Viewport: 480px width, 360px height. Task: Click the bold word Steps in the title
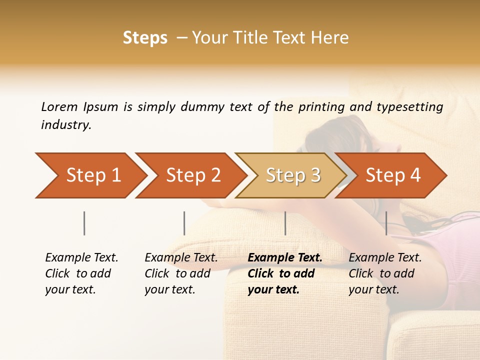[145, 38]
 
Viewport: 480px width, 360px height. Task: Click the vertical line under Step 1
[84, 223]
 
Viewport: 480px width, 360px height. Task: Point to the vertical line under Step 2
[184, 223]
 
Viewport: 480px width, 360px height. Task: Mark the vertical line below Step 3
[285, 223]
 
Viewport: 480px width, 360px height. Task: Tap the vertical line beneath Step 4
[386, 223]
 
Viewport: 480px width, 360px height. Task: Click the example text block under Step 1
[81, 273]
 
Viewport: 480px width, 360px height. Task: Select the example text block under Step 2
[181, 273]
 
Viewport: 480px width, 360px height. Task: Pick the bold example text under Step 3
[284, 273]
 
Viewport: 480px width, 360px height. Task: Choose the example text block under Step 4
[385, 273]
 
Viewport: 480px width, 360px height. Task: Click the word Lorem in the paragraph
[59, 106]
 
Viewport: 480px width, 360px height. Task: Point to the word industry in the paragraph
[66, 125]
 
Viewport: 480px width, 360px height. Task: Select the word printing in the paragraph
[320, 106]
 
